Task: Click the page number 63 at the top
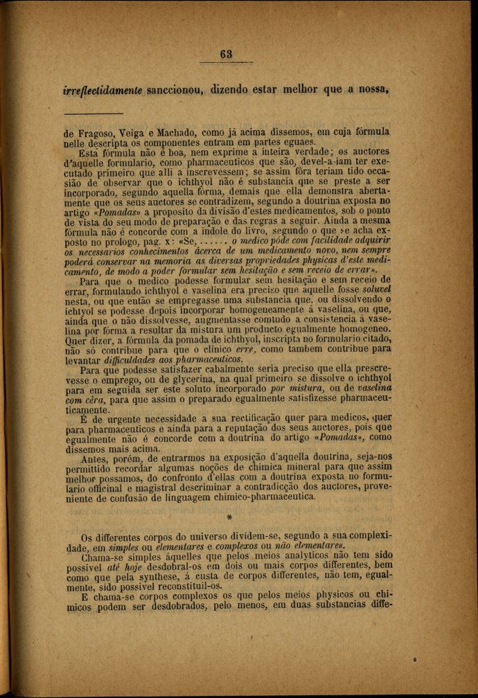point(227,55)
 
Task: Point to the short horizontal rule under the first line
point(93,114)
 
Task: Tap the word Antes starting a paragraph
point(96,458)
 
